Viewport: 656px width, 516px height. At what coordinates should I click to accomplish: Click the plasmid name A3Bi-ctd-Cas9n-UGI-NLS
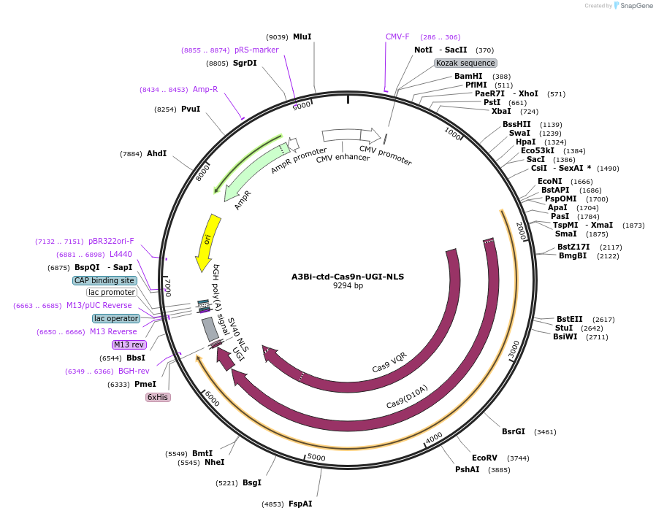(x=347, y=277)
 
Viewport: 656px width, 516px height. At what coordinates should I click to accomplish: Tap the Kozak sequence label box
(x=465, y=63)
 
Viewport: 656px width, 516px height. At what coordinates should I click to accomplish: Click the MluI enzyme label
(x=302, y=36)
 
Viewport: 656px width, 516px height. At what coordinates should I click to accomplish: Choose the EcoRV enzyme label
(x=484, y=458)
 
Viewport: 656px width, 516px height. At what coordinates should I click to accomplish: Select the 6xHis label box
(x=158, y=397)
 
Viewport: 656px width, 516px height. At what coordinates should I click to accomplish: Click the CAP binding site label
(x=104, y=280)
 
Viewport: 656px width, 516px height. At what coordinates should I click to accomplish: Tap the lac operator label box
(x=115, y=318)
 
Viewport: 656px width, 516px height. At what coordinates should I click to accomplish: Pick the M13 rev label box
(x=129, y=344)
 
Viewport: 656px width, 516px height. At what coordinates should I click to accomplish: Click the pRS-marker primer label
(x=256, y=50)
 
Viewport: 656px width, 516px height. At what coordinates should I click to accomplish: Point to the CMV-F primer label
(x=397, y=36)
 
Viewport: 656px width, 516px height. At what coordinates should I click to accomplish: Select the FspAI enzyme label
(x=300, y=504)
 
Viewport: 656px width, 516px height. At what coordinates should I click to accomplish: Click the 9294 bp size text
(x=348, y=286)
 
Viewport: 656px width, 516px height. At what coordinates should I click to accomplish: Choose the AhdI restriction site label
(x=156, y=153)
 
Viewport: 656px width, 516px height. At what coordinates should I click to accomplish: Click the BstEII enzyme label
(x=570, y=319)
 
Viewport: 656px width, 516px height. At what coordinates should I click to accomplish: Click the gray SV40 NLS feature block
(x=210, y=329)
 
